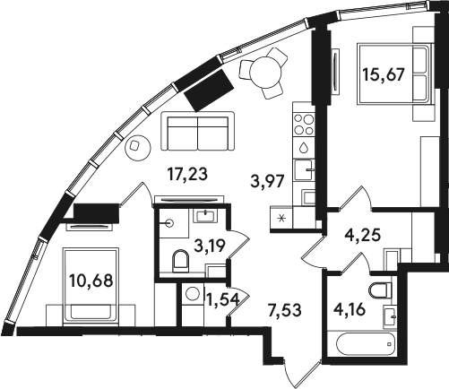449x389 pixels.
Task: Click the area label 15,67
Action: pos(384,74)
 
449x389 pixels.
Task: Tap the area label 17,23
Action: pos(187,174)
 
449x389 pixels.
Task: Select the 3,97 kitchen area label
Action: pos(267,181)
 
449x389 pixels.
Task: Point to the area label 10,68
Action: pos(91,281)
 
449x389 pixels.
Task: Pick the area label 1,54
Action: pos(224,299)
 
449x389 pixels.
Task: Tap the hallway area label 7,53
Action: pos(284,310)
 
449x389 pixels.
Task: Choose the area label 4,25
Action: pos(362,235)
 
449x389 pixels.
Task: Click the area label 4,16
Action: pos(350,309)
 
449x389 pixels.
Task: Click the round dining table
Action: pos(266,72)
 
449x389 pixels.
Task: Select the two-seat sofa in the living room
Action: pos(197,132)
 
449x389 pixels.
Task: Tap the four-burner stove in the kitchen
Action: pos(304,125)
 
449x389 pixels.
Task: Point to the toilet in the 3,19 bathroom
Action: pos(181,261)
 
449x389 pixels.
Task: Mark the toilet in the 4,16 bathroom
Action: pos(380,290)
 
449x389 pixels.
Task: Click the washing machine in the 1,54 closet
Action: pos(192,294)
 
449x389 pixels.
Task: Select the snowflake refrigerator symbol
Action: pos(281,219)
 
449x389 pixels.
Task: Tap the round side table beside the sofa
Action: pos(138,148)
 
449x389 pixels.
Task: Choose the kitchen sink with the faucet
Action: pos(304,169)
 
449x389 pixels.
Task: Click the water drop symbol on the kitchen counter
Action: pos(304,147)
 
